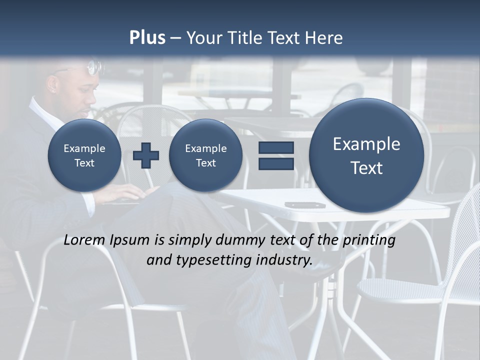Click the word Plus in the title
pos(147,38)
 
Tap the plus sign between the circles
pos(146,155)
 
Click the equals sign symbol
pos(275,155)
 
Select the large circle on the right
pos(366,155)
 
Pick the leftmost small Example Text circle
pos(84,155)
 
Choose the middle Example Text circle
pos(205,155)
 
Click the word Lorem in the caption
pos(84,240)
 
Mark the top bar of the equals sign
pos(275,147)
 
